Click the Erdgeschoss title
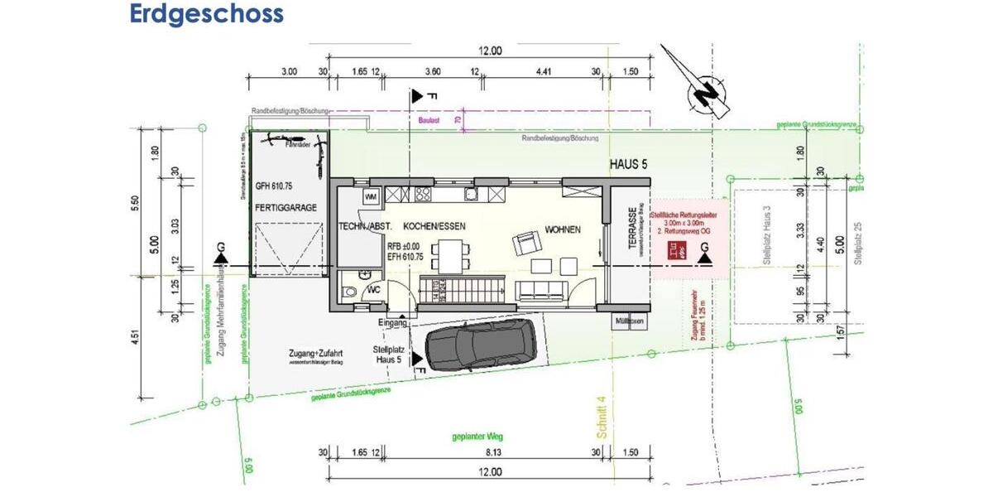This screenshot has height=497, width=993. pos(206,14)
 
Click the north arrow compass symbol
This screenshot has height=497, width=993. pos(704,86)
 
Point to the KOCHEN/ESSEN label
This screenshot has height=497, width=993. pos(434,226)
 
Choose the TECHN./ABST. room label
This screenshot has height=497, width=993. pos(364,226)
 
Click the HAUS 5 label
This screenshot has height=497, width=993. pos(628,165)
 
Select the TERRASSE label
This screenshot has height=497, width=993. pos(632,230)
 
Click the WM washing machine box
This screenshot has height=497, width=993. pos(370,196)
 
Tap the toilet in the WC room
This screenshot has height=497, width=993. pos(350,291)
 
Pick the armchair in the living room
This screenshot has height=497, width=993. pos(525,244)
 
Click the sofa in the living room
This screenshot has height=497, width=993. pos(541,290)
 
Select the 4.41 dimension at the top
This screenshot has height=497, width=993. pos(544,72)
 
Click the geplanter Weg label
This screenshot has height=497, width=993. pos(477,437)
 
